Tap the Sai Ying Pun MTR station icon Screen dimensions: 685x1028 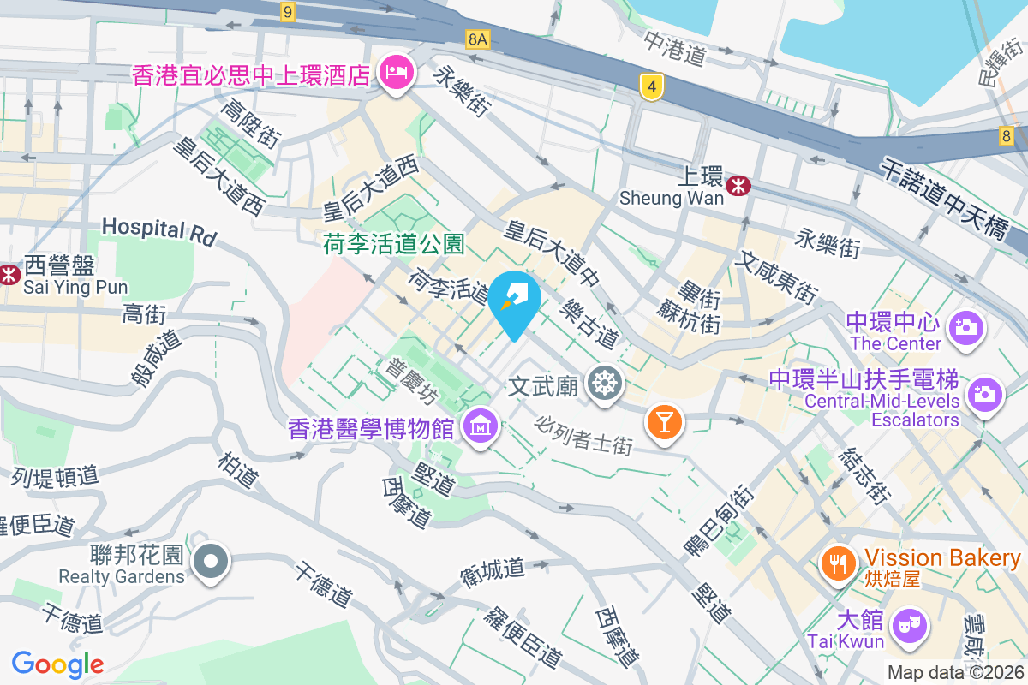[9, 274]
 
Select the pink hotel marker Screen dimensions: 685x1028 [396, 72]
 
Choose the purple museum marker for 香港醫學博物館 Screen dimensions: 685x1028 [481, 423]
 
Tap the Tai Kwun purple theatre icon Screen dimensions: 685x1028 [908, 624]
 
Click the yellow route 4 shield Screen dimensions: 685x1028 [652, 86]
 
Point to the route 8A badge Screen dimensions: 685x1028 [478, 39]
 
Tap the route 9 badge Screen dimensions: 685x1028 [287, 11]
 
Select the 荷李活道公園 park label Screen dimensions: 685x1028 [393, 246]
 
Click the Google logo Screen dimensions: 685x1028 [58, 664]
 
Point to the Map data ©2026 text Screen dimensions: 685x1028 [955, 673]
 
